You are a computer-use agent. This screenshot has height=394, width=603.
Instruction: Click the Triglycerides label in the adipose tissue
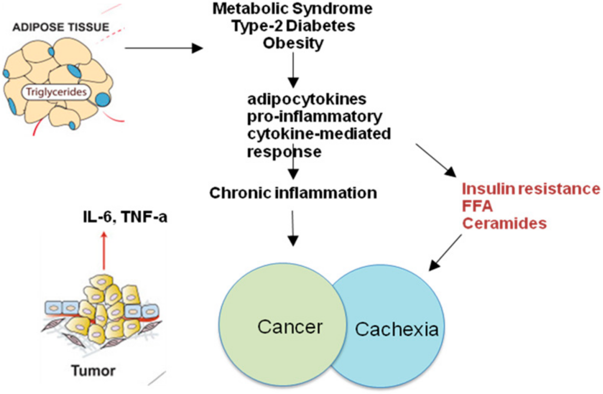tap(57, 92)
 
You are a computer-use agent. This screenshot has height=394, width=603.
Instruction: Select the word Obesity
tap(293, 43)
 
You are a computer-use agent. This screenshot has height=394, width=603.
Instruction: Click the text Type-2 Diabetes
tap(293, 26)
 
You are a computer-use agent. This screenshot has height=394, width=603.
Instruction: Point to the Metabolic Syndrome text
tap(293, 9)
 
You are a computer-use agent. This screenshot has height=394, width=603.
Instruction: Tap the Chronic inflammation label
tap(293, 193)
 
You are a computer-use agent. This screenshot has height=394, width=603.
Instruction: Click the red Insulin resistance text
tap(531, 189)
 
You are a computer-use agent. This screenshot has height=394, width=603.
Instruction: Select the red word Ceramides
tap(504, 223)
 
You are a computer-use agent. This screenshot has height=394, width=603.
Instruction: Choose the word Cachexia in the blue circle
tap(397, 329)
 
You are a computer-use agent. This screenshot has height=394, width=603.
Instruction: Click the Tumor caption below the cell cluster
tap(92, 371)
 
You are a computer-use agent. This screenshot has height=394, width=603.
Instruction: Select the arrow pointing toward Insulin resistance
tap(436, 160)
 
